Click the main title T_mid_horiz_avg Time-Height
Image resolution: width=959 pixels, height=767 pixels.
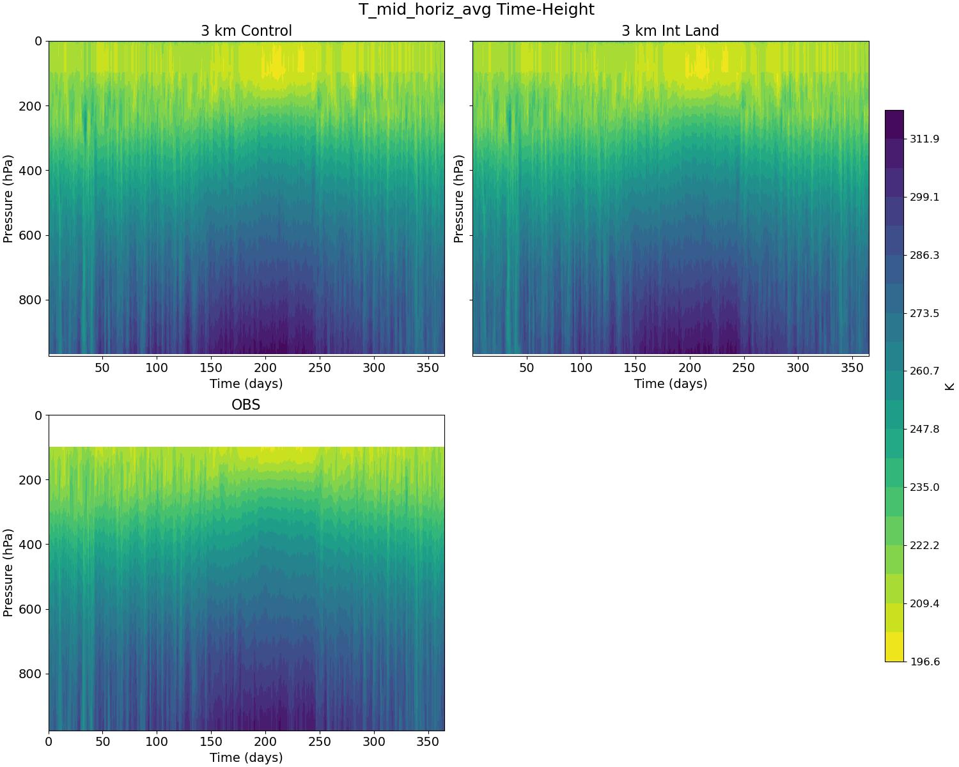pyautogui.click(x=476, y=10)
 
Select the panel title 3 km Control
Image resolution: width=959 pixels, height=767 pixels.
pyautogui.click(x=246, y=31)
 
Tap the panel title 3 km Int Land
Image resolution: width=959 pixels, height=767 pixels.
pyautogui.click(x=670, y=31)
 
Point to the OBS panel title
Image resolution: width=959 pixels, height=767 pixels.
pyautogui.click(x=246, y=405)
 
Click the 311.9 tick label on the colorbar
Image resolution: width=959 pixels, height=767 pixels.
pyautogui.click(x=924, y=139)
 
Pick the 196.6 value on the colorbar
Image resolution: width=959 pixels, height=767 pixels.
pyautogui.click(x=924, y=662)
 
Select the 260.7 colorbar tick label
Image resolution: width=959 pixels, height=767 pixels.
pyautogui.click(x=924, y=371)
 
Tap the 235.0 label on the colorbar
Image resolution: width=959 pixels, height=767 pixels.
pyautogui.click(x=924, y=487)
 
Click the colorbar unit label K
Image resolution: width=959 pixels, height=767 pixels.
pyautogui.click(x=949, y=386)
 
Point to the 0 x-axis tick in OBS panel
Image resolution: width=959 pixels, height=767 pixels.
pyautogui.click(x=49, y=742)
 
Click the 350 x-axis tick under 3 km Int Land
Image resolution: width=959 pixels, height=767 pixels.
pyautogui.click(x=852, y=368)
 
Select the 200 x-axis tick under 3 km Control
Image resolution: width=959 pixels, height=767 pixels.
pyautogui.click(x=265, y=368)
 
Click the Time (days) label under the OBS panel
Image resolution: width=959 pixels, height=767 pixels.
pyautogui.click(x=246, y=757)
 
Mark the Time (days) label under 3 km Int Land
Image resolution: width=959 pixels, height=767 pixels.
pyautogui.click(x=670, y=383)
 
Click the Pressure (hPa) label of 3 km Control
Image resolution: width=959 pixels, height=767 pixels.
pyautogui.click(x=8, y=198)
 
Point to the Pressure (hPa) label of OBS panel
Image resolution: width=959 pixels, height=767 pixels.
pyautogui.click(x=8, y=573)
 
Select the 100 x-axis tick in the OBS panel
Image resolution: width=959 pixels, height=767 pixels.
pyautogui.click(x=157, y=742)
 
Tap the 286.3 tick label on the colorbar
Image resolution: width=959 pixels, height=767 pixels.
pyautogui.click(x=924, y=255)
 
